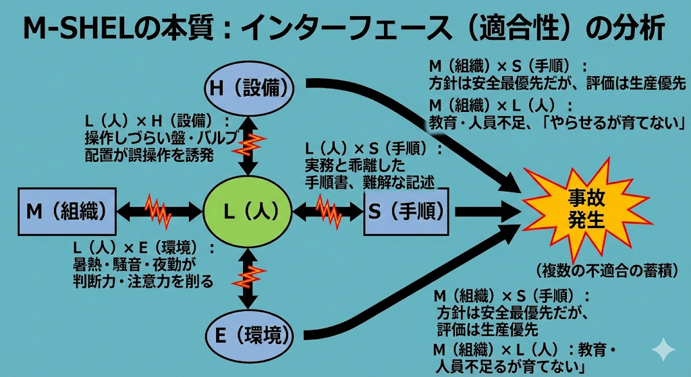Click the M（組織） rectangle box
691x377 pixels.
66,211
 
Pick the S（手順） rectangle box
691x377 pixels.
406,212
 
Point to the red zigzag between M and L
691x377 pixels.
159,211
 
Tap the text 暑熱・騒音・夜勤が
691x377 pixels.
134,264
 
